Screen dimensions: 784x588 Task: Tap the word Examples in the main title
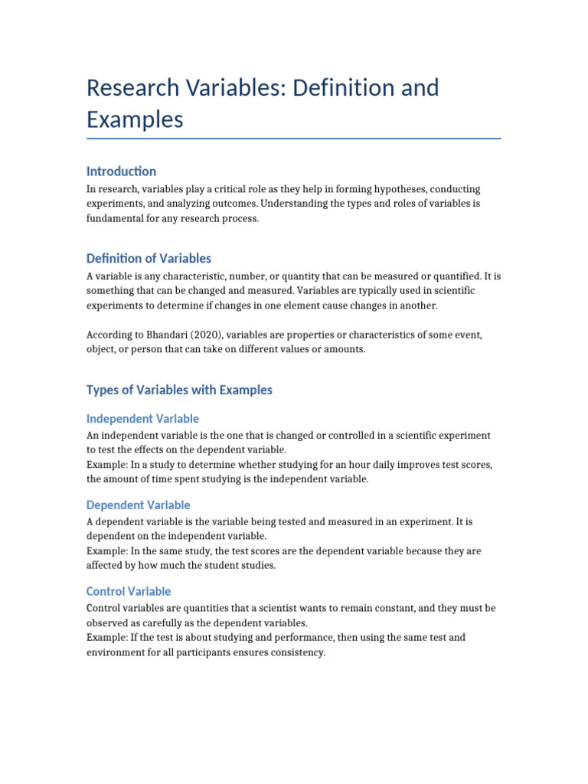(x=135, y=120)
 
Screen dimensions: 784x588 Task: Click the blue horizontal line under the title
(x=294, y=139)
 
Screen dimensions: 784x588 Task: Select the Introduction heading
(x=121, y=171)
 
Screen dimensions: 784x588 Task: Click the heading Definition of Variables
(x=149, y=258)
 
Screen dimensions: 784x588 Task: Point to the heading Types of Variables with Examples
(x=179, y=390)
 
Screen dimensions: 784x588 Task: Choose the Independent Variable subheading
(x=142, y=419)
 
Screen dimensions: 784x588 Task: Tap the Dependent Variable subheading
(x=138, y=505)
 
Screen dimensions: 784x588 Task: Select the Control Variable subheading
(x=129, y=592)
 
